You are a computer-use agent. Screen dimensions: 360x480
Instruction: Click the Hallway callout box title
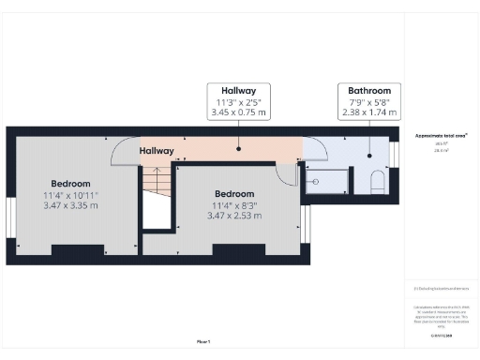tap(237, 92)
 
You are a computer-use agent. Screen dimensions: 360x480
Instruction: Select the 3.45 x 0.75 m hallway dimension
tap(237, 112)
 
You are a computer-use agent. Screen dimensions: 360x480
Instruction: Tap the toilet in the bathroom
tap(378, 181)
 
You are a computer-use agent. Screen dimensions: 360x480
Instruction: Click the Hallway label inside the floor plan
tap(157, 151)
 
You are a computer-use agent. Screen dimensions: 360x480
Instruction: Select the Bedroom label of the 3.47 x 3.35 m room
tap(70, 183)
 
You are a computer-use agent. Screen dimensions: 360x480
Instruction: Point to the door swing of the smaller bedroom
tap(287, 171)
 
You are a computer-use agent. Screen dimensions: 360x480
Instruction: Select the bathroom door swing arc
tap(316, 150)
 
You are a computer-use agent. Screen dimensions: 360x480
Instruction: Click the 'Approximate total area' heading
tap(442, 135)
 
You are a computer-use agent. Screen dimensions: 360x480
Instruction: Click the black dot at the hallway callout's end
tap(237, 146)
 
